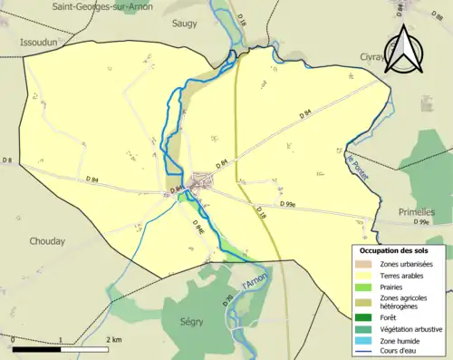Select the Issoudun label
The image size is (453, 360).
pos(39,42)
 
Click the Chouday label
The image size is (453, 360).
pos(47,241)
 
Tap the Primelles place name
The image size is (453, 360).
pos(417,211)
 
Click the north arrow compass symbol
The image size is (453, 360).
pos(404,49)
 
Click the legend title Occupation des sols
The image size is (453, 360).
pos(395,249)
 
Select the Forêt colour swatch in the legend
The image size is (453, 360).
pos(364,316)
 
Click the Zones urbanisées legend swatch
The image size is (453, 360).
pos(364,263)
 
